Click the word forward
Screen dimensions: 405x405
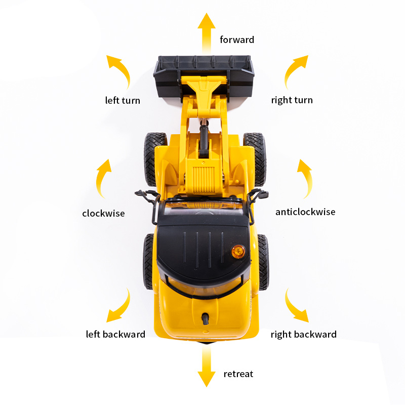tap(237, 40)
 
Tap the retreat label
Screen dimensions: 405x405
tap(238, 374)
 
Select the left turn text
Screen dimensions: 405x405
tap(123, 100)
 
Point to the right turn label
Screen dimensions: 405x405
tap(292, 100)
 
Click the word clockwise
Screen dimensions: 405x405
tap(103, 213)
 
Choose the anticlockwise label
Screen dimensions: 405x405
tap(305, 212)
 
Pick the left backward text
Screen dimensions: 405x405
tap(115, 334)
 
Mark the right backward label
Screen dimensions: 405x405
tap(303, 335)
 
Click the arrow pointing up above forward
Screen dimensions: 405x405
tap(207, 33)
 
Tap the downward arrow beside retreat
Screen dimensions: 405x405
tap(207, 367)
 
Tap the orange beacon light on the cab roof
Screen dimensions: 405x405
tap(238, 252)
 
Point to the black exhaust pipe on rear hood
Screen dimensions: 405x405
tap(206, 318)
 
